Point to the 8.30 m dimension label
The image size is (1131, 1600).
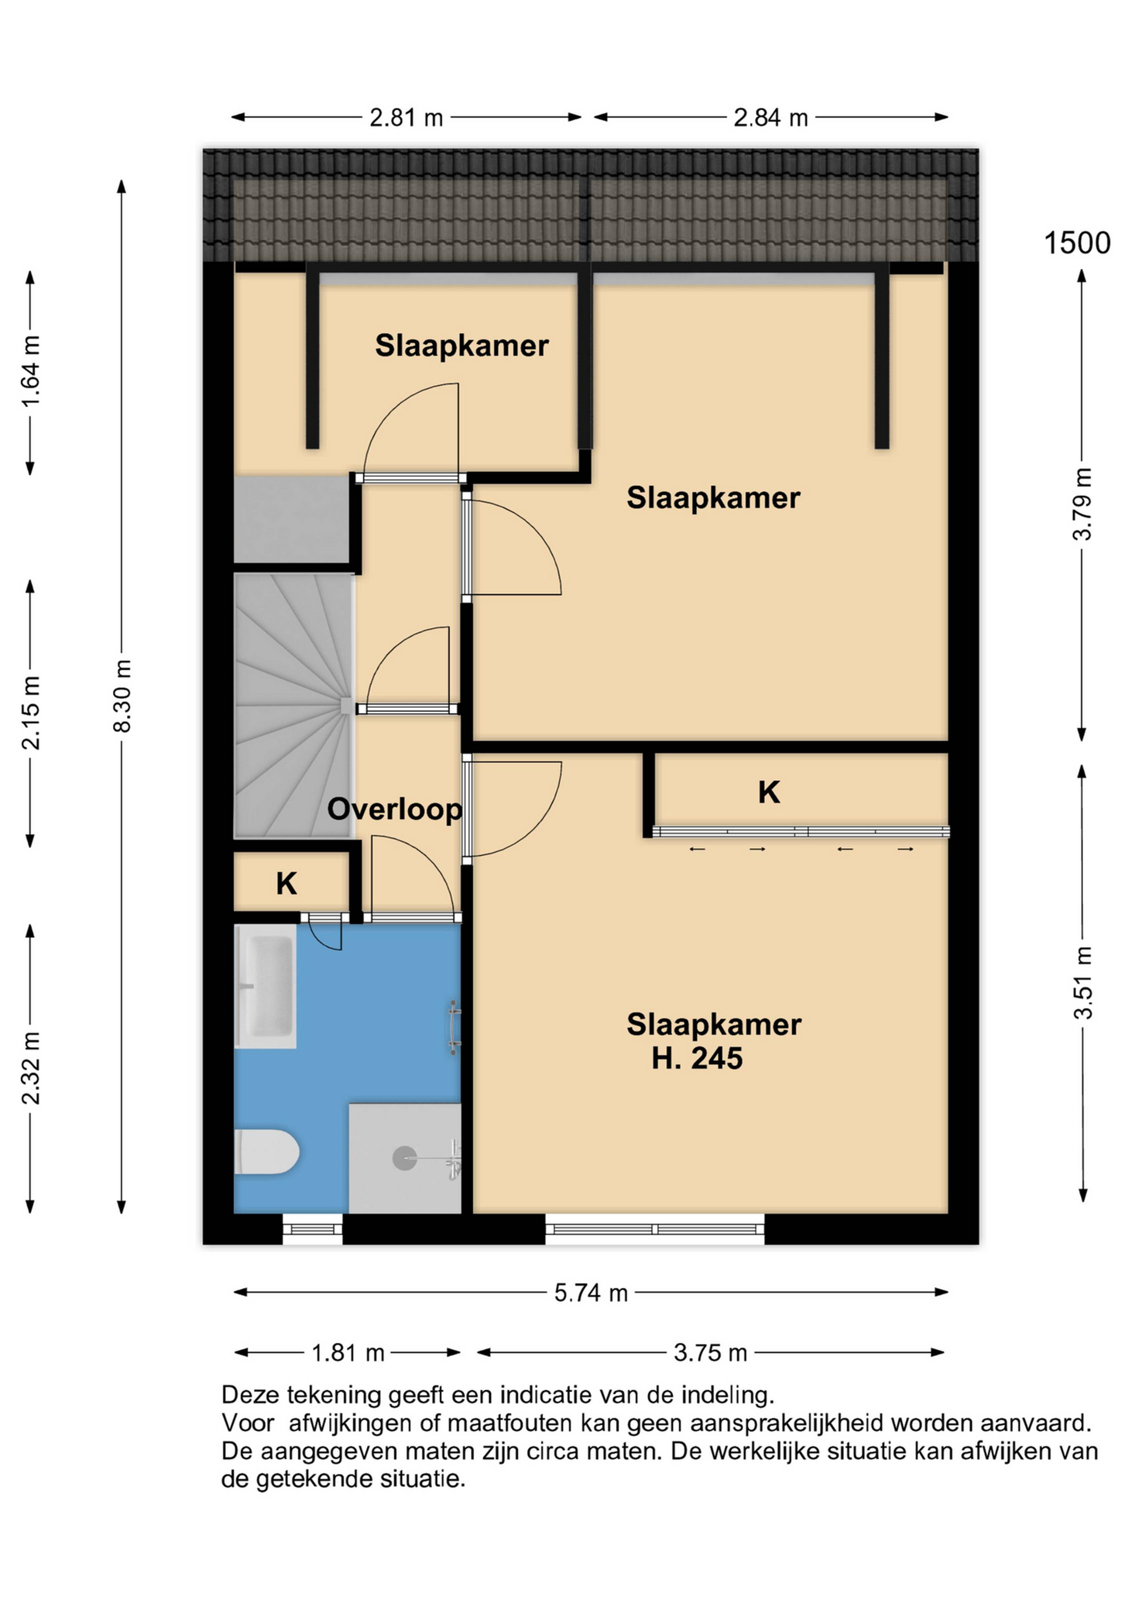tap(123, 696)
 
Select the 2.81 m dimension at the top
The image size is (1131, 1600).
tap(406, 118)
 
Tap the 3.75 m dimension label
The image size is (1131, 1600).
tap(710, 1353)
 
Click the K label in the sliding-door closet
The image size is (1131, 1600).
tap(769, 792)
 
